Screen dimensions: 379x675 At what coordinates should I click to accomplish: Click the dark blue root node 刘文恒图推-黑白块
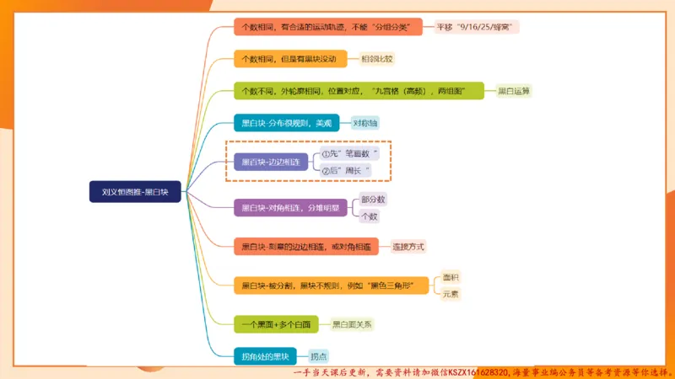pos(135,192)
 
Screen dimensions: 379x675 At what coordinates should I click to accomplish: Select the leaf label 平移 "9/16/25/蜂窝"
pos(478,27)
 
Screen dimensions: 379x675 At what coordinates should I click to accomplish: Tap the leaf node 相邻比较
pos(377,59)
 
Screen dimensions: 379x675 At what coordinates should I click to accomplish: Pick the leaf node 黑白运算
pos(514,91)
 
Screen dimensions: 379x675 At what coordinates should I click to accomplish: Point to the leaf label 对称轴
pos(365,123)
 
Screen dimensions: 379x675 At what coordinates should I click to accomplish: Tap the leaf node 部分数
pos(373,200)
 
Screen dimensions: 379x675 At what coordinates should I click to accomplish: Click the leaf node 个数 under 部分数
pos(370,216)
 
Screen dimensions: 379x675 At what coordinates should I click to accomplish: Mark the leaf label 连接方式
pos(408,247)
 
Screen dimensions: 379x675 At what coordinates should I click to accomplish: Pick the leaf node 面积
pos(451,276)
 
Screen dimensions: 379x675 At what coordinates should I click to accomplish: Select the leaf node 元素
pos(451,294)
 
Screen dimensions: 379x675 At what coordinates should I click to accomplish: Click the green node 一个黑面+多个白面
pos(276,323)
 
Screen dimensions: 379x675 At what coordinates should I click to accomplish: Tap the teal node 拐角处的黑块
pos(265,355)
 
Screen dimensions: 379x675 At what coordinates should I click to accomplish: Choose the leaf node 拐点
pos(319,356)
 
